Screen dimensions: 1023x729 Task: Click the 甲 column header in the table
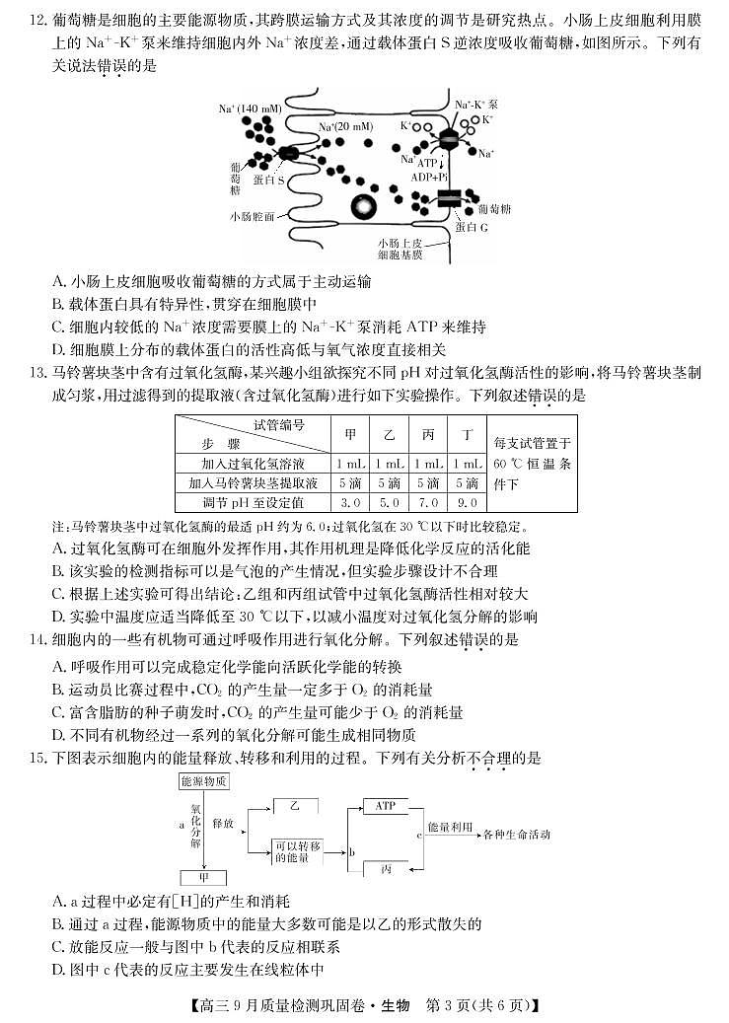coord(351,435)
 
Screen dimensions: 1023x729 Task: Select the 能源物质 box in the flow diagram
coord(204,780)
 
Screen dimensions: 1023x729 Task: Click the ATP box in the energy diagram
coord(386,806)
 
